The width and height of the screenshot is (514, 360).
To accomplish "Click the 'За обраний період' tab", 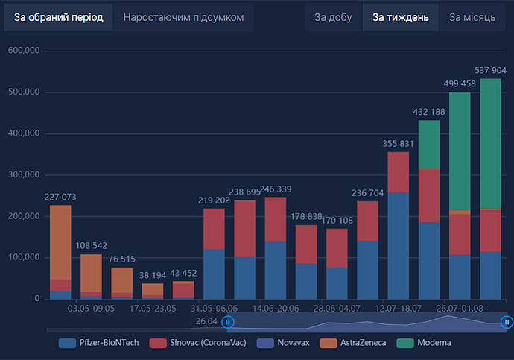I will coord(58,17).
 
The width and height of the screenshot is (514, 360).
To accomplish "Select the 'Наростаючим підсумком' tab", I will coord(183,17).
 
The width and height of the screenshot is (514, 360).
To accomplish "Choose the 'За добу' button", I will coord(332,17).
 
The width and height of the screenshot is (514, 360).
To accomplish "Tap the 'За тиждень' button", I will coord(401,17).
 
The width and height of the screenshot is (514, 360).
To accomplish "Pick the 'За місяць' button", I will coord(472,17).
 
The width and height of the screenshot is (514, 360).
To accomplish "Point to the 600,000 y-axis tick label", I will coord(22,51).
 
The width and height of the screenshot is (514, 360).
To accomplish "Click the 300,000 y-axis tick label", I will coord(22,175).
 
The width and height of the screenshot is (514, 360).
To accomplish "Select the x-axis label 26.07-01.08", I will coord(460,308).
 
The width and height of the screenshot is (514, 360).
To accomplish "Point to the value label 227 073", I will coord(60,197).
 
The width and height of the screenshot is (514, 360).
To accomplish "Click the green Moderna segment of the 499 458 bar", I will coord(460,149).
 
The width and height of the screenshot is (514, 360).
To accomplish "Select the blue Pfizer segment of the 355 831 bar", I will coord(399,246).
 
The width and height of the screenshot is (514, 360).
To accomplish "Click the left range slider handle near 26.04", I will coord(229,322).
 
